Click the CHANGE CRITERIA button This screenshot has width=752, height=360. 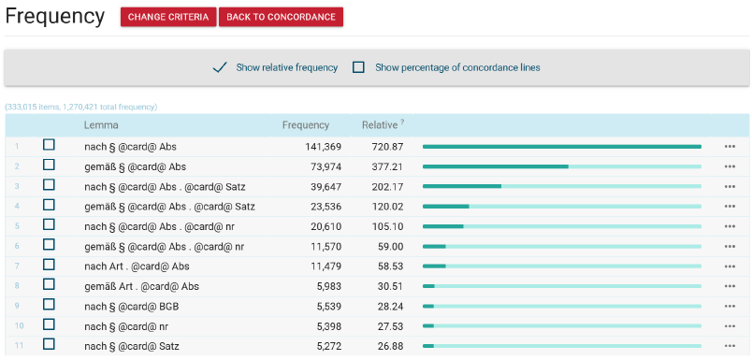(x=168, y=17)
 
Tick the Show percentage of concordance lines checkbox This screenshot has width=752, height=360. (x=358, y=67)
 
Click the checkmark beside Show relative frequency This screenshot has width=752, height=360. (x=220, y=67)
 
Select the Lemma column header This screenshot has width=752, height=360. (x=101, y=125)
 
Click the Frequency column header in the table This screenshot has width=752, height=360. (x=306, y=125)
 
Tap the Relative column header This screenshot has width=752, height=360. (x=380, y=125)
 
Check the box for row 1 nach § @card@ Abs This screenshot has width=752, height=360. (x=49, y=145)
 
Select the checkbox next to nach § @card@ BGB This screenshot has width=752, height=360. (x=49, y=305)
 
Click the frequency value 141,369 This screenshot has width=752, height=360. (x=324, y=146)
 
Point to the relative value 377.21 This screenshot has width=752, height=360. (x=387, y=166)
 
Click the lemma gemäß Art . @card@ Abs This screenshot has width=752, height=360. (x=141, y=286)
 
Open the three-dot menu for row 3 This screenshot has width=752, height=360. (x=730, y=186)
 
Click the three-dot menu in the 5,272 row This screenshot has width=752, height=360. (x=730, y=346)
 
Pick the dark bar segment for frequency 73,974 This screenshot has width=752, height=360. (x=496, y=166)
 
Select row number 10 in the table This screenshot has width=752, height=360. (x=19, y=326)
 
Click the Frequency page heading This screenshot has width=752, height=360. (x=54, y=17)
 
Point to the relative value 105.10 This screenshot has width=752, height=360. (x=387, y=226)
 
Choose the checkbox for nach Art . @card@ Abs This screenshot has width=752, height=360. (x=49, y=265)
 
